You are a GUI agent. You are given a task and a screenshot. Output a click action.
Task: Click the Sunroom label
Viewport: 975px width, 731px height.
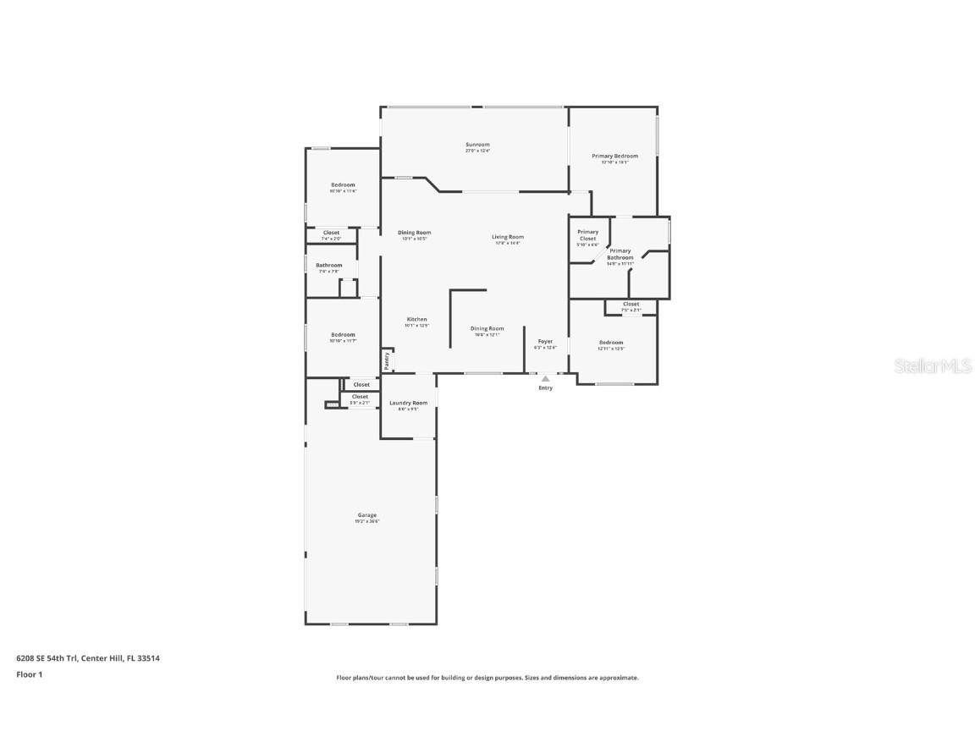coord(477,145)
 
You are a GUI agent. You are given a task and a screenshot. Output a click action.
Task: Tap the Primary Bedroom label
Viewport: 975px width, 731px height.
coord(614,157)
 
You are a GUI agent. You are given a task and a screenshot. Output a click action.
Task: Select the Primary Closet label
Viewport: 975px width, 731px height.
coord(587,235)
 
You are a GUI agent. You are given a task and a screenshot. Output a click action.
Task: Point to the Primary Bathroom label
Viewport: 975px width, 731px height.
coord(620,254)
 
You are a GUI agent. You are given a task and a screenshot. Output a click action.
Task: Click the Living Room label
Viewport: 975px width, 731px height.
coord(508,237)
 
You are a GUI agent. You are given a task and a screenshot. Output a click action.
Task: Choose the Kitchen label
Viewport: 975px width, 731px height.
coord(416,320)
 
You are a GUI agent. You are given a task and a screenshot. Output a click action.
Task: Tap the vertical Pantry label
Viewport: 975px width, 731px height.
coord(387,360)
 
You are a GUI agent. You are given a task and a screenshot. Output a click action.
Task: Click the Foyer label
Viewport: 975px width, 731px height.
coord(545,342)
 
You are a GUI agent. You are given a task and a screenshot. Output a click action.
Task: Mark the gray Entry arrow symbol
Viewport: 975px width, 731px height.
coord(545,378)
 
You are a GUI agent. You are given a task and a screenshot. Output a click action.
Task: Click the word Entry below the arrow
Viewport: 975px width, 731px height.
coord(545,388)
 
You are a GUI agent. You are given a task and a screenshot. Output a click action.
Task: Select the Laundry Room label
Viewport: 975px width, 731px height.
coord(408,404)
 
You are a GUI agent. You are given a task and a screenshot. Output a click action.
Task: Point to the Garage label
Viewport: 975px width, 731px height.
coord(366,515)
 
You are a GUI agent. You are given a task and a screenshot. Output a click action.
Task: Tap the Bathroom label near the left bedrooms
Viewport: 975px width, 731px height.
coord(329,266)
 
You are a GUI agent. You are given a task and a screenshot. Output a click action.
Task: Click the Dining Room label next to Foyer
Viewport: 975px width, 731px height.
coord(487,328)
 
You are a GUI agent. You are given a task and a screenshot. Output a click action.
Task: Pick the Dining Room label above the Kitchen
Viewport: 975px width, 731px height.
coord(414,233)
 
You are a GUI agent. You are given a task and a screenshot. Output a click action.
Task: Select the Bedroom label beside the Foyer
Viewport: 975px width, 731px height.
coord(610,343)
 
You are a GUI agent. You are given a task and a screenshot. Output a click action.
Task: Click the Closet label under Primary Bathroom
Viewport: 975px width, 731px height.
coord(631,305)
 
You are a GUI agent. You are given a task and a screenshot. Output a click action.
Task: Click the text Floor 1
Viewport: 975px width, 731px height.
coord(29,674)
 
